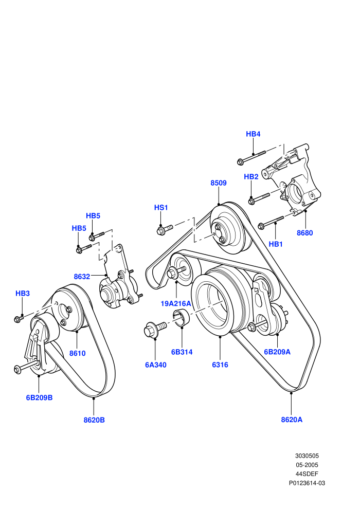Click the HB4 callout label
pyautogui.click(x=253, y=134)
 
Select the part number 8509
pyautogui.click(x=219, y=183)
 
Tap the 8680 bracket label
pyautogui.click(x=305, y=233)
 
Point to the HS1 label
pyautogui.click(x=161, y=207)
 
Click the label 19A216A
pyautogui.click(x=176, y=303)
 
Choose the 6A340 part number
pyautogui.click(x=155, y=365)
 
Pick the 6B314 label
pyautogui.click(x=182, y=352)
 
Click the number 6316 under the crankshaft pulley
pyautogui.click(x=220, y=365)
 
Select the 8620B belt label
pyautogui.click(x=94, y=420)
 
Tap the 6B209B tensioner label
pyautogui.click(x=39, y=397)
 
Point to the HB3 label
pyautogui.click(x=23, y=293)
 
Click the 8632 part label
pyautogui.click(x=82, y=277)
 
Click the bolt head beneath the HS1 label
pyautogui.click(x=160, y=231)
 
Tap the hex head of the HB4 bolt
pyautogui.click(x=241, y=161)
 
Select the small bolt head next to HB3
pyautogui.click(x=17, y=319)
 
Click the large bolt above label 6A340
pyautogui.click(x=154, y=329)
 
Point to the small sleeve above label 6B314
pyautogui.click(x=182, y=318)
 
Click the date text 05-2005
pyautogui.click(x=307, y=465)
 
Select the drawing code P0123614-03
pyautogui.click(x=307, y=483)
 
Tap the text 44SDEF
pyautogui.click(x=307, y=474)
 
